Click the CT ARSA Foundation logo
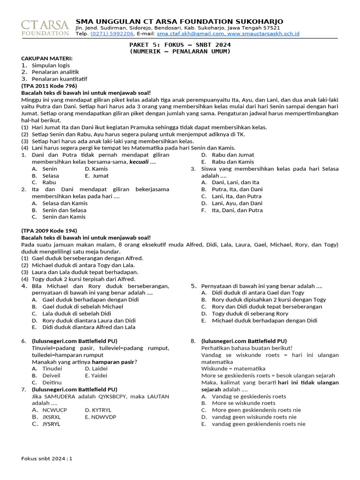tap(45, 27)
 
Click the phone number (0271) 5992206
tap(112, 34)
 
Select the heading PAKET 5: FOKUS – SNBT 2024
tap(180, 45)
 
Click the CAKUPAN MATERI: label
tap(47, 58)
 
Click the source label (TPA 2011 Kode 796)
tap(49, 86)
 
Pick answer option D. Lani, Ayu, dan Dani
tap(232, 203)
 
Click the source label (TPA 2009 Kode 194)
tap(49, 231)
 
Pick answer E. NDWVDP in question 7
tap(100, 417)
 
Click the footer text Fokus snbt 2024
tap(44, 458)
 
